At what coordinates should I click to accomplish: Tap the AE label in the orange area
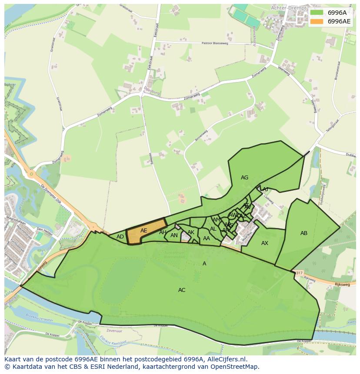tap(144, 231)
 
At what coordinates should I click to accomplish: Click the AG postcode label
tap(244, 178)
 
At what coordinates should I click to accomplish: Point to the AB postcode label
tap(304, 233)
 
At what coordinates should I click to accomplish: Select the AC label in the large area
tap(182, 290)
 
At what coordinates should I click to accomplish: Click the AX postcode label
tap(264, 243)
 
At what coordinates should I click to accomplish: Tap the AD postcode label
tap(120, 237)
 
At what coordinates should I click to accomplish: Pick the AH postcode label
tap(163, 232)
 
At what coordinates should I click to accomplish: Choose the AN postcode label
tap(174, 236)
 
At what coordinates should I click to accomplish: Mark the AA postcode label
tap(207, 238)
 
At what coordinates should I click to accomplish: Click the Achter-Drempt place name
tap(287, 8)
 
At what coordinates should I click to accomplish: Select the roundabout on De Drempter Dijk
tap(31, 175)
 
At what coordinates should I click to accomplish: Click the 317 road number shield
tap(298, 273)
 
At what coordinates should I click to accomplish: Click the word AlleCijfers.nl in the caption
tap(226, 359)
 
